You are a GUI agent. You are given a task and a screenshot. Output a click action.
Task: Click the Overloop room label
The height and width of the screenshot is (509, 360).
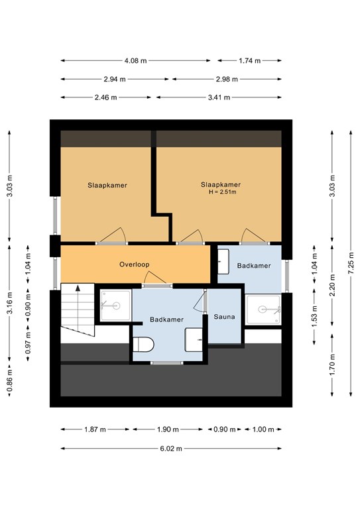(134, 264)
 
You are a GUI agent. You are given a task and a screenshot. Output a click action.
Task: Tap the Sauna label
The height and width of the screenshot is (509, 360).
(224, 317)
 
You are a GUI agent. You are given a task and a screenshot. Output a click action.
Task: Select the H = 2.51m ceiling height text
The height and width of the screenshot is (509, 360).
(221, 192)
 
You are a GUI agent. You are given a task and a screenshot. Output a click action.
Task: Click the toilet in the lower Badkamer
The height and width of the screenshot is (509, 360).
(143, 345)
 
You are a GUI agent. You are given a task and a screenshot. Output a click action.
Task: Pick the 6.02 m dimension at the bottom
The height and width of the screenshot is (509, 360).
(171, 449)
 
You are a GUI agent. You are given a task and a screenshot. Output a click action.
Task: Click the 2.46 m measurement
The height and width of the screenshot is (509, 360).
(105, 97)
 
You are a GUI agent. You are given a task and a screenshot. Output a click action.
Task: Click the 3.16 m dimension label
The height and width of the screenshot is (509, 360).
(9, 304)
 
